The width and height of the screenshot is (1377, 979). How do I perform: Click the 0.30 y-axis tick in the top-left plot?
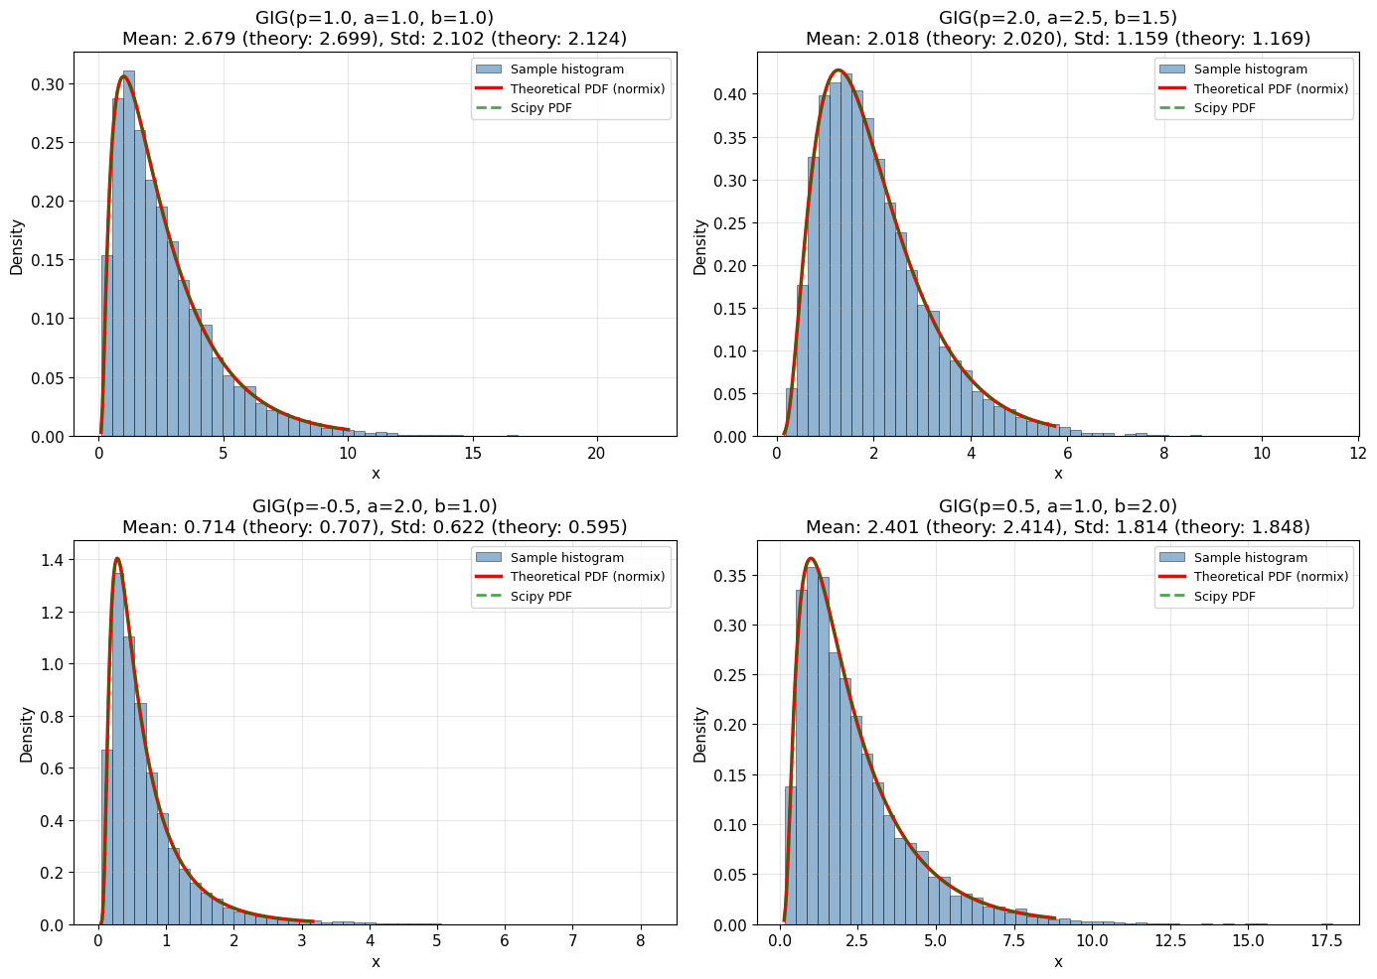[x=51, y=84]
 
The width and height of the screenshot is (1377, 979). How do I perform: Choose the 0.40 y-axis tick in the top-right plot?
[x=734, y=95]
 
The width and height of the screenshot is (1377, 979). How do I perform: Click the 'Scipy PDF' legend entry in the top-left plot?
[x=540, y=108]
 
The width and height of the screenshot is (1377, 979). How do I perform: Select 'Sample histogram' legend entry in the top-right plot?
[x=1250, y=70]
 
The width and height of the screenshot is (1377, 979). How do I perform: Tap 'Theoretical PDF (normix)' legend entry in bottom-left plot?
[x=587, y=577]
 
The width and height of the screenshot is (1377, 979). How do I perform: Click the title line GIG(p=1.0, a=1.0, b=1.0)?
[x=375, y=18]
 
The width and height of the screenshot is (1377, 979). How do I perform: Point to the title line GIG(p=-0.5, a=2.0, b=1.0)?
[x=375, y=506]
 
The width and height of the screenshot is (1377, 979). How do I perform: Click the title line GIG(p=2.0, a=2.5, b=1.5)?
[x=1058, y=18]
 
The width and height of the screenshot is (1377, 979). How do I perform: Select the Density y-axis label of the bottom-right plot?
[x=700, y=735]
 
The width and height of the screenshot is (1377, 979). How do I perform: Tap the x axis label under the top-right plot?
[x=1058, y=474]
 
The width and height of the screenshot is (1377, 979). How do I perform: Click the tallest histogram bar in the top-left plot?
[x=128, y=253]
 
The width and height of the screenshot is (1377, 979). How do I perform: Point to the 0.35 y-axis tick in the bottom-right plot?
[x=734, y=576]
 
